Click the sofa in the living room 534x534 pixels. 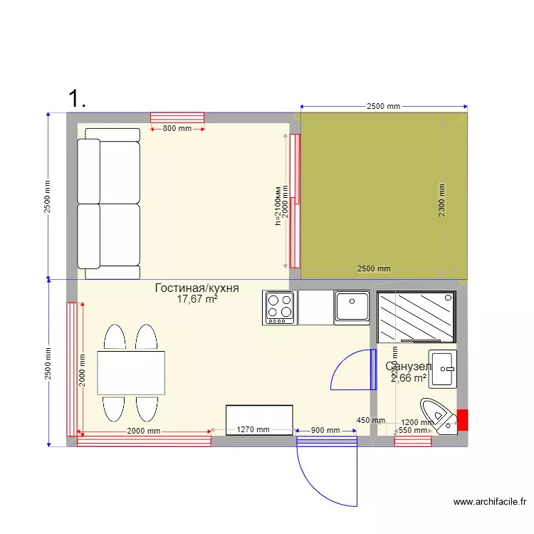[x=108, y=204]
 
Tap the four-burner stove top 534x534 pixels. [x=280, y=308]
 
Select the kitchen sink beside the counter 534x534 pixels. [x=351, y=308]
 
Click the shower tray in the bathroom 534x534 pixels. [x=417, y=317]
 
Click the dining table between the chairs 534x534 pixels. [x=132, y=372]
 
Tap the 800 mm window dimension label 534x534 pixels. [x=177, y=129]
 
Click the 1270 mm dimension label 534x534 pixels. [x=253, y=430]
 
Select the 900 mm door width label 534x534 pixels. [x=326, y=430]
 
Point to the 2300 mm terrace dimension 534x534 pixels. [x=441, y=200]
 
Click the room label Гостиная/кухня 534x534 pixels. [x=197, y=288]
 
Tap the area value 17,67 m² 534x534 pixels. [x=197, y=300]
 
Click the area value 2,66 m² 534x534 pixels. [x=409, y=378]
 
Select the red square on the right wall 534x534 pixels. [x=462, y=420]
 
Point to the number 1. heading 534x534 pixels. [x=77, y=98]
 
